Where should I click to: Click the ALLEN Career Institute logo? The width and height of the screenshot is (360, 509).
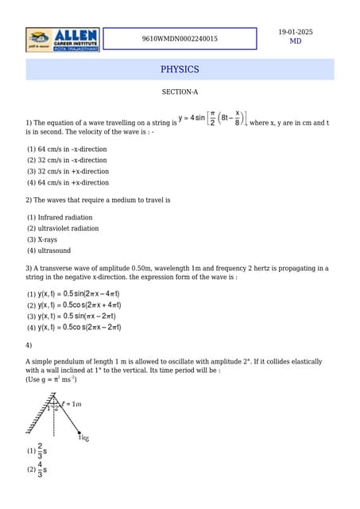[x=63, y=40]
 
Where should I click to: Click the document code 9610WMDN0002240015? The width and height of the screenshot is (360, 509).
[x=180, y=39]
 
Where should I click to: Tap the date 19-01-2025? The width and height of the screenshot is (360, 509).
[x=295, y=32]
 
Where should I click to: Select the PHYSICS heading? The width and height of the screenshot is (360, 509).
[x=180, y=70]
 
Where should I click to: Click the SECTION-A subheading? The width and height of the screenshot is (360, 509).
[x=180, y=92]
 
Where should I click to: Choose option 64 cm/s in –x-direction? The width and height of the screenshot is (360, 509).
[x=67, y=150]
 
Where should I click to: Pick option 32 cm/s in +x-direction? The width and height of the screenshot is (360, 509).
[x=68, y=172]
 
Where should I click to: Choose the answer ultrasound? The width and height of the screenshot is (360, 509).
[x=48, y=251]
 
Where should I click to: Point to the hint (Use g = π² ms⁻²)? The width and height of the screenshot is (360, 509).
[x=51, y=379]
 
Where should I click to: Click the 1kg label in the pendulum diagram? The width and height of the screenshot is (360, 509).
[x=83, y=437]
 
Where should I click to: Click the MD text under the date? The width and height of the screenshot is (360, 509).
[x=295, y=41]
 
